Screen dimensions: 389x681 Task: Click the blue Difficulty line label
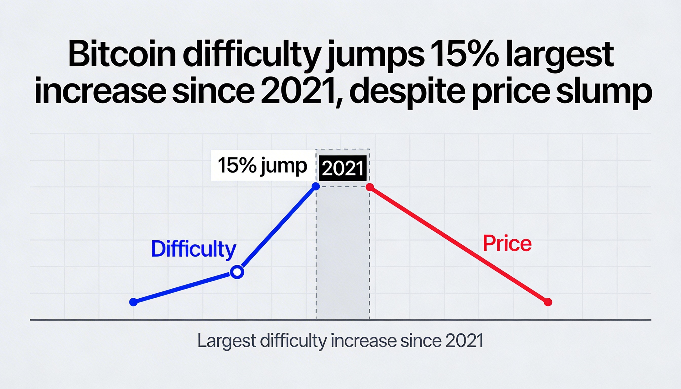193,249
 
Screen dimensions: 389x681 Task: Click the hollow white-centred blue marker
237,272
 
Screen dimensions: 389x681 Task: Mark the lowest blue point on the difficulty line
133,302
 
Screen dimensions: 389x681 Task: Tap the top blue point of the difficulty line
316,186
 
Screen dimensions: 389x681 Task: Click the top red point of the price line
370,187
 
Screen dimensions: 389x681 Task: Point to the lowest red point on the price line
548,302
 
